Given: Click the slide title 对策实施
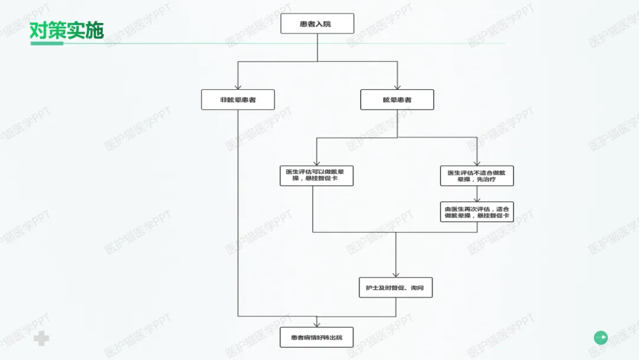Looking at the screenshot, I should coord(66,31).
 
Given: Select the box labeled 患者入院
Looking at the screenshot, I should coord(317,24).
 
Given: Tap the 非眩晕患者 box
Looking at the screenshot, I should coord(237,99).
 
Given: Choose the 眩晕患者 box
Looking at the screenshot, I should coord(396,99).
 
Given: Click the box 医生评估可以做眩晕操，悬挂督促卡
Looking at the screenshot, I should coord(316,176).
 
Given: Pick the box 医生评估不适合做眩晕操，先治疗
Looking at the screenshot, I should coord(476,176).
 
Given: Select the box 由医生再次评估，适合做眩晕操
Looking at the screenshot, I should coord(476,212).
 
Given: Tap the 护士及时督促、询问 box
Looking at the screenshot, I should coord(395,288).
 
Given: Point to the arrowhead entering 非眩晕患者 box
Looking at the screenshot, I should coord(237,86).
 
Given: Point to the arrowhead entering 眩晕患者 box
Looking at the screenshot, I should coord(396,86).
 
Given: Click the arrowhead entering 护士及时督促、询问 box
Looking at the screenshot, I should coord(396,274).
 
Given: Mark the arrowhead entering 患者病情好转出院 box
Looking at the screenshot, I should coord(317,323).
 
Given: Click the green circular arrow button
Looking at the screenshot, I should coord(601,337).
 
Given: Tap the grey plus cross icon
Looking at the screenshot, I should coord(41,339).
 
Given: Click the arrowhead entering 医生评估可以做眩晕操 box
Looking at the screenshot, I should coord(317,162).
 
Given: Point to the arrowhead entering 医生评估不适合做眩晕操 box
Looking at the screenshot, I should coord(476,162).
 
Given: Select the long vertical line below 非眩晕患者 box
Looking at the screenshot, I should coord(238,213).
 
